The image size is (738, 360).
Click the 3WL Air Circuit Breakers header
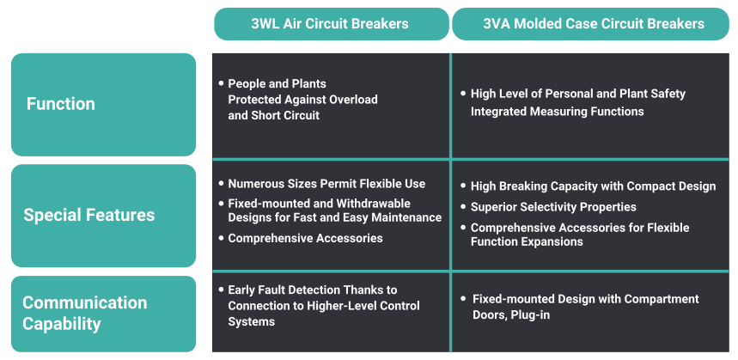332,24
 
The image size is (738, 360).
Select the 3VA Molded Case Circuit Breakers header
590,24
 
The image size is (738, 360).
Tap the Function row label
104,105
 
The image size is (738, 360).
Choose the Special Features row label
104,216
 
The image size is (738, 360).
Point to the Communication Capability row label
104,314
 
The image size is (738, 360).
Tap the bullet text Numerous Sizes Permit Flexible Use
326,184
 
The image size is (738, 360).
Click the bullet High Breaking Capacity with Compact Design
593,186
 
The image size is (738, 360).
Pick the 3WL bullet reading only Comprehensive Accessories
305,238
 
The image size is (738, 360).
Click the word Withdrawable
373,204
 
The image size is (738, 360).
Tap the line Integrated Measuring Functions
558,112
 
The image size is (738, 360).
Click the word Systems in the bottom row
252,322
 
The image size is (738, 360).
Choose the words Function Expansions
527,242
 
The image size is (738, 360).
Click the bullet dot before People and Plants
221,83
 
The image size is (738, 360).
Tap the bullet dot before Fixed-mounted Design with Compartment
464,298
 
